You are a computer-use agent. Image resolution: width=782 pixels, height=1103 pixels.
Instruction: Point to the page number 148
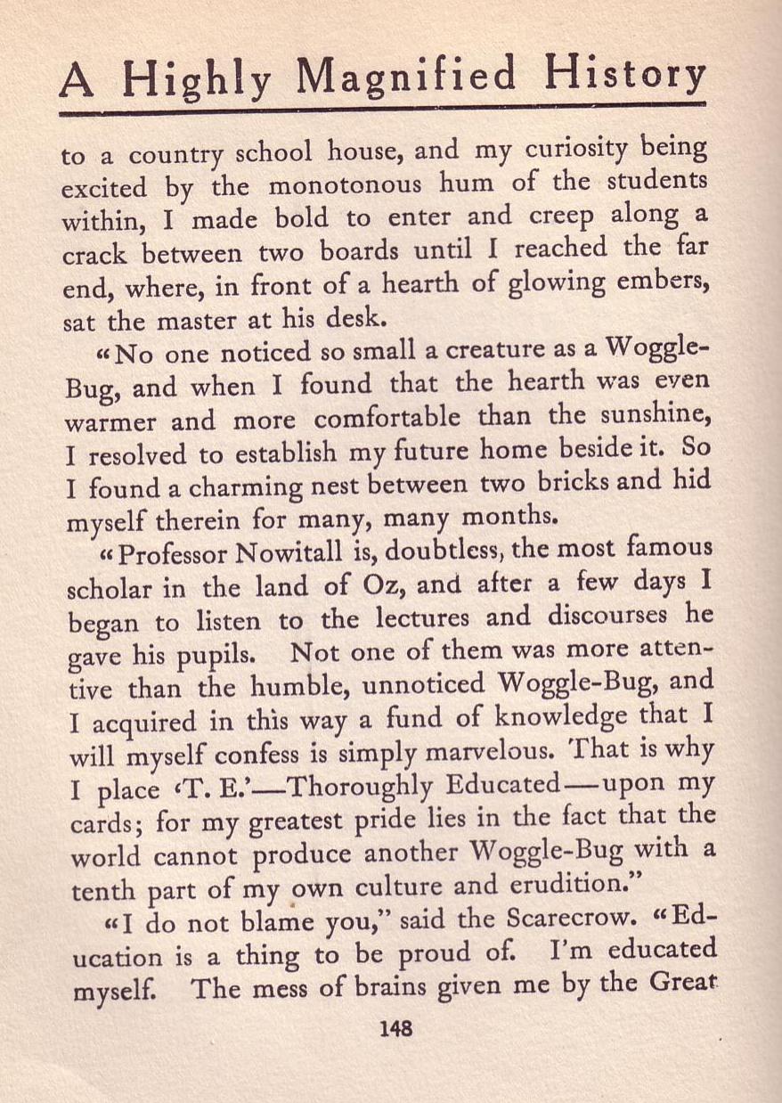395,1028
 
